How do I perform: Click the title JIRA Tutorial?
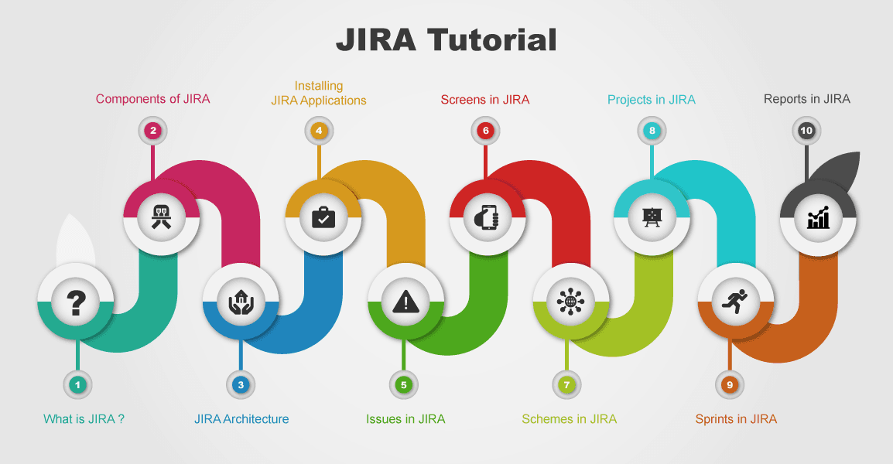click(x=446, y=39)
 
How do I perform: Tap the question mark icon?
click(x=76, y=302)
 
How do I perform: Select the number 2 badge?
click(x=153, y=131)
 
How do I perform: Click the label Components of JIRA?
click(x=152, y=99)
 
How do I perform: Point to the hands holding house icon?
click(x=241, y=302)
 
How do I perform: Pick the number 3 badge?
click(x=241, y=384)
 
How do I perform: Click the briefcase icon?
click(x=323, y=217)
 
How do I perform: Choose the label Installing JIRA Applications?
click(x=319, y=93)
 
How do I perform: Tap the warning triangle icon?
click(x=405, y=302)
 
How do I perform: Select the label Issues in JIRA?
click(x=405, y=419)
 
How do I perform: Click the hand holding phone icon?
click(x=488, y=217)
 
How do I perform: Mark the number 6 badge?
click(x=485, y=131)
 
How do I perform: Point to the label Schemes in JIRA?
click(x=569, y=419)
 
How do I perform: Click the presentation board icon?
click(x=652, y=217)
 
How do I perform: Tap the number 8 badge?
click(x=652, y=131)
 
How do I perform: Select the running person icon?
click(x=736, y=302)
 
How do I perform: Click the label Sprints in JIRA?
click(x=736, y=419)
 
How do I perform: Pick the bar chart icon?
click(x=818, y=217)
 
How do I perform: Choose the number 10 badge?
click(x=806, y=131)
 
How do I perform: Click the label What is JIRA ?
click(x=84, y=419)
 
